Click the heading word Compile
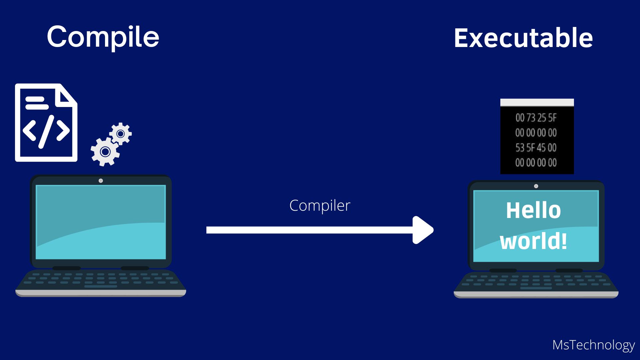(x=103, y=37)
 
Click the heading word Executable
(x=523, y=38)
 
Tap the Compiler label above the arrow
(x=320, y=205)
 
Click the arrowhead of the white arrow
(x=423, y=230)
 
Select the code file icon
(x=46, y=123)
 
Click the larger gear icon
(x=105, y=152)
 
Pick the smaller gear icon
(x=121, y=134)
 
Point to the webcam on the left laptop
(x=101, y=181)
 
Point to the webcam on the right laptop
(x=536, y=186)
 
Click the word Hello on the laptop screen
(x=533, y=210)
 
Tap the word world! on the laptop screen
(x=533, y=241)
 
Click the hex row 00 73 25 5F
(x=536, y=118)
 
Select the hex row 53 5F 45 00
(x=536, y=148)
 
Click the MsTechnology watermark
(x=593, y=345)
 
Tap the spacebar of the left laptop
(x=101, y=286)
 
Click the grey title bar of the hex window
(x=537, y=102)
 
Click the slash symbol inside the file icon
(x=46, y=132)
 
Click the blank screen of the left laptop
(x=101, y=222)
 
